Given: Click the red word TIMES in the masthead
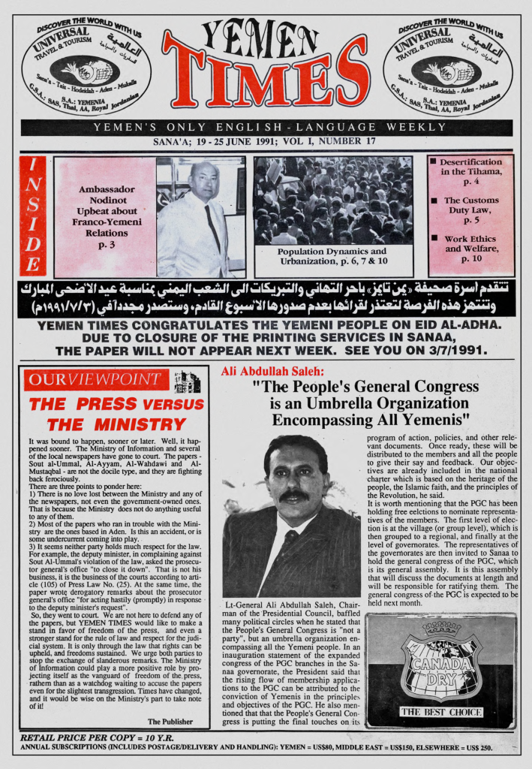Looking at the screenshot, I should pyautogui.click(x=266, y=80).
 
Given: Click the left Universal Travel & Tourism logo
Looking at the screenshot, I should pyautogui.click(x=86, y=70).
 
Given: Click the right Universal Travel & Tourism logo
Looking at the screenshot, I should pyautogui.click(x=448, y=70).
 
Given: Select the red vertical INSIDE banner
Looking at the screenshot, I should pyautogui.click(x=33, y=216).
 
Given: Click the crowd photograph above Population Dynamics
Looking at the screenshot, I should pyautogui.click(x=332, y=201).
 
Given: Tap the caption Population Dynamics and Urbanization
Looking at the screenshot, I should pyautogui.click(x=332, y=256).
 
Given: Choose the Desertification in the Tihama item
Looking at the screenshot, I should pyautogui.click(x=470, y=171).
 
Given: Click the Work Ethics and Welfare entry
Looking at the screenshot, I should pyautogui.click(x=470, y=249).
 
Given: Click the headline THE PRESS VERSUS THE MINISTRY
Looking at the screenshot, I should pyautogui.click(x=116, y=414).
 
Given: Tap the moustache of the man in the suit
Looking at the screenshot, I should pyautogui.click(x=293, y=496).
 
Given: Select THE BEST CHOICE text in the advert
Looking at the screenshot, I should pyautogui.click(x=440, y=711).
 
